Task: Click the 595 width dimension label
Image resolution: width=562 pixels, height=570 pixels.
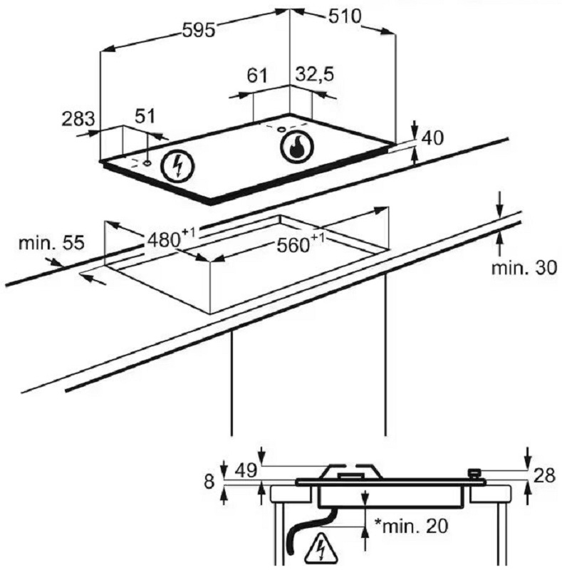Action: point(199,31)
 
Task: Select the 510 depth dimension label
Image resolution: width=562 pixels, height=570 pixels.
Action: point(345,16)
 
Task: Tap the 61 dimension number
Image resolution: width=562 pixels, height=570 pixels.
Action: point(257,76)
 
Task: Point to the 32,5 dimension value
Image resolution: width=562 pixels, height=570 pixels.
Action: point(314,75)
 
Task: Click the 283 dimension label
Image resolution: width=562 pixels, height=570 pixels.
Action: point(78,119)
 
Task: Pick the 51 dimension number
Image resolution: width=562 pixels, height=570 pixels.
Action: point(145,116)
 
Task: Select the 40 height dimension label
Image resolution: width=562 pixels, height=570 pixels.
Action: point(432,138)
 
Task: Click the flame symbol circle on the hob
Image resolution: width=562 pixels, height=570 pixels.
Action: point(296,147)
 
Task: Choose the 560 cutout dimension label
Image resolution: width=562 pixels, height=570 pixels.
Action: point(301,244)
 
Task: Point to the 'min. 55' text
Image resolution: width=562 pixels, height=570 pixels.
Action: point(51,242)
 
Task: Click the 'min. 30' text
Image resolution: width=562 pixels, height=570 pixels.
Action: point(524,268)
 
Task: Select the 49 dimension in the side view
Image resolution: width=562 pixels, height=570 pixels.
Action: point(246,472)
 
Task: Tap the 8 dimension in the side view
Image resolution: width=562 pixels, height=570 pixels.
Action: point(209,482)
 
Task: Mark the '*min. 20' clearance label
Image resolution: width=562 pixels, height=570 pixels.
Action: point(411,526)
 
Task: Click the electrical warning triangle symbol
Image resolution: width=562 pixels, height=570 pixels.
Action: point(321,546)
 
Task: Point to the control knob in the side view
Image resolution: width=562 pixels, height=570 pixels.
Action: point(474,474)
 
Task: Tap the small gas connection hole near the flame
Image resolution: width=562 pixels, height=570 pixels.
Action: point(281,129)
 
